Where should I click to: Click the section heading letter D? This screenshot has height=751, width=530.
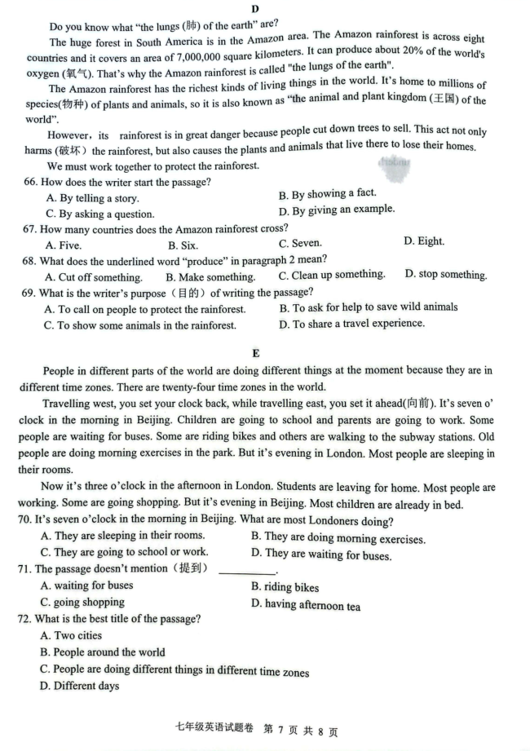pyautogui.click(x=255, y=8)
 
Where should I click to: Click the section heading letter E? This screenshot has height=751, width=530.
pyautogui.click(x=256, y=353)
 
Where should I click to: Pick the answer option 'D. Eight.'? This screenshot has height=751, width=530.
pyautogui.click(x=423, y=241)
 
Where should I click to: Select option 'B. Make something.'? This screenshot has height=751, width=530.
pyautogui.click(x=210, y=277)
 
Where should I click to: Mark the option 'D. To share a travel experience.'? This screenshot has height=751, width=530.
pyautogui.click(x=351, y=324)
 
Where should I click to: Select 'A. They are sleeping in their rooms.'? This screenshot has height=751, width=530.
pyautogui.click(x=122, y=536)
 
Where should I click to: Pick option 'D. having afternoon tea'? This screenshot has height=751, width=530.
pyautogui.click(x=306, y=606)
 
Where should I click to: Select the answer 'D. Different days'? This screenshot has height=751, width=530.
pyautogui.click(x=79, y=686)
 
